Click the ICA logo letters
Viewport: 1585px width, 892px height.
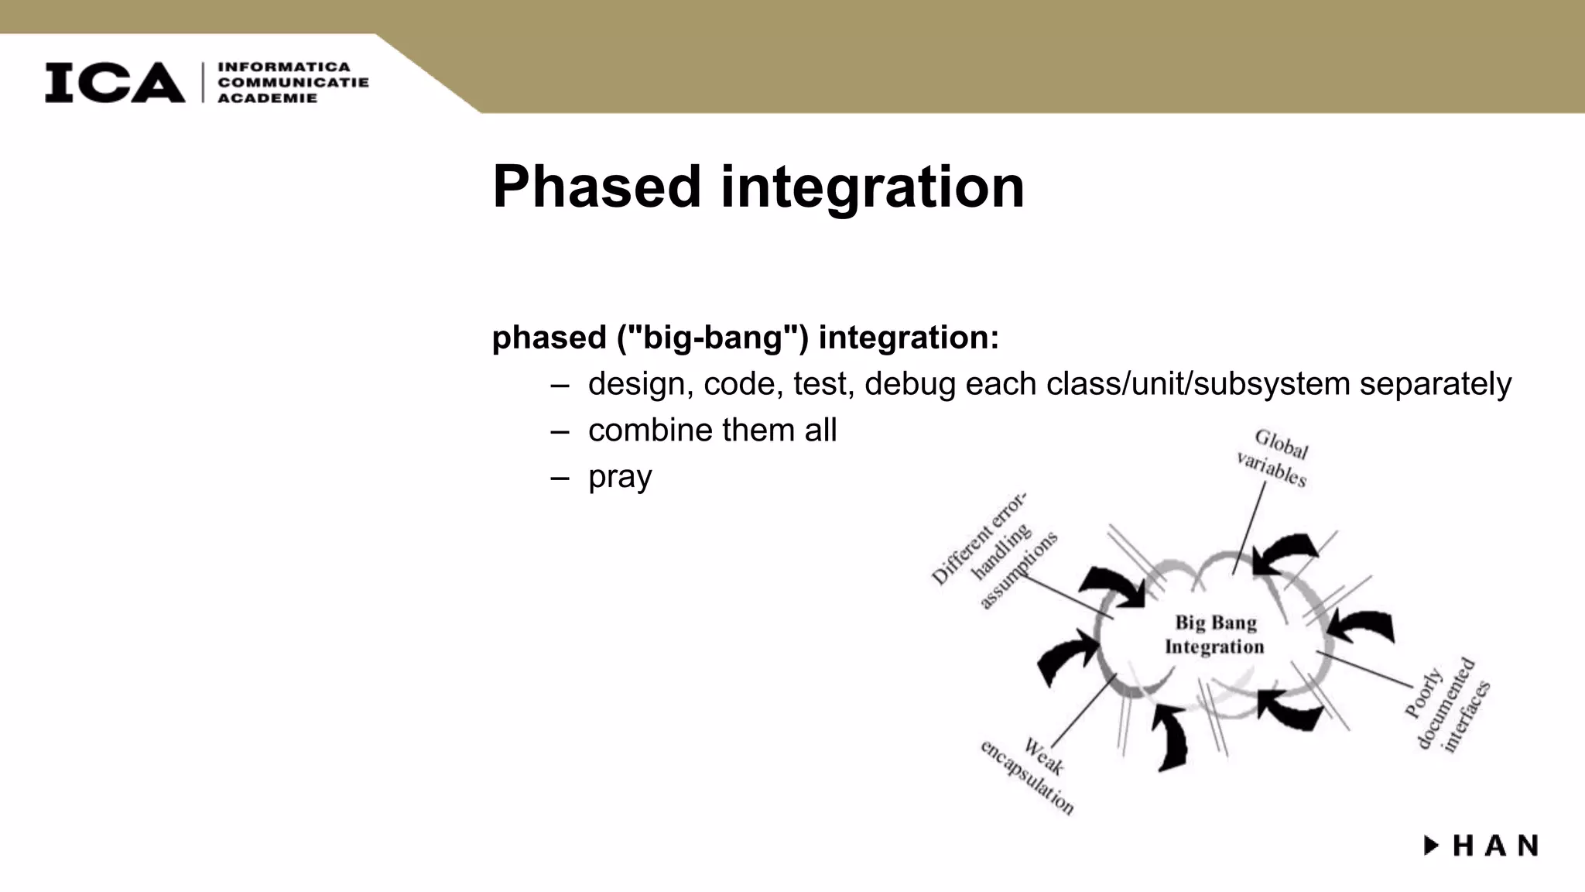pyautogui.click(x=115, y=82)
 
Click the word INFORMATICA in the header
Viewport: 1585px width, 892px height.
pyautogui.click(x=284, y=67)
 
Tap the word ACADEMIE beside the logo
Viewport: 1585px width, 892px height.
pyautogui.click(x=267, y=98)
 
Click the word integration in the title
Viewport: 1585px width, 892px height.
pyautogui.click(x=872, y=187)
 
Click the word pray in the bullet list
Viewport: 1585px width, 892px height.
pyautogui.click(x=620, y=477)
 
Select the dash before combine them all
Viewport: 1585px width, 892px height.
pyautogui.click(x=560, y=431)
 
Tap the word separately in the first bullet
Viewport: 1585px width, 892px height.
pyautogui.click(x=1435, y=384)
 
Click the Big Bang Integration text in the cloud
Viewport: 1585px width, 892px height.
pyautogui.click(x=1215, y=634)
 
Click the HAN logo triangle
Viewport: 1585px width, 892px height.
pyautogui.click(x=1432, y=846)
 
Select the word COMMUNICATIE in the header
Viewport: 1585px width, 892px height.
pyautogui.click(x=293, y=83)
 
